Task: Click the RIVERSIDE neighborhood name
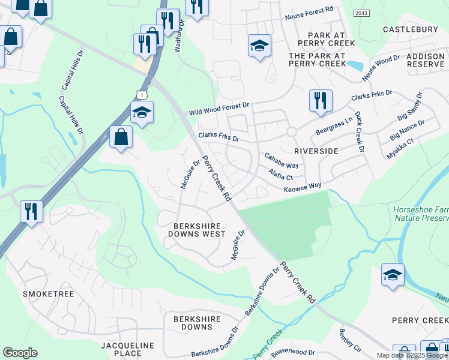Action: click(x=316, y=151)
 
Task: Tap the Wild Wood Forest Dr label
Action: click(x=218, y=109)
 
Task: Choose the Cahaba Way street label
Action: click(x=282, y=160)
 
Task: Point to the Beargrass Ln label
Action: click(x=333, y=127)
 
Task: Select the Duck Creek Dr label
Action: click(x=360, y=131)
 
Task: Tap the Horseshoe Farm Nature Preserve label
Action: click(x=420, y=214)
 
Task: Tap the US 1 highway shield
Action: click(x=141, y=94)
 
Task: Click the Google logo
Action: click(x=20, y=353)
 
